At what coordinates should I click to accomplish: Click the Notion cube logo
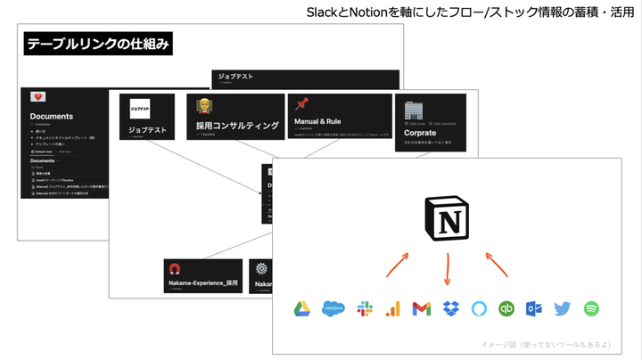point(447,219)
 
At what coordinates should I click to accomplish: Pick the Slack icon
point(364,309)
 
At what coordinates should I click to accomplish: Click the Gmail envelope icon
point(422,309)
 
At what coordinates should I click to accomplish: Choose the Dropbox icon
point(450,309)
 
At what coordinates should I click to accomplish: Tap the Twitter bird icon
point(561,309)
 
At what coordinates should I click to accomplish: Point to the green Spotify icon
point(590,309)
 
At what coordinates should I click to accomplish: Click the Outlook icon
point(533,309)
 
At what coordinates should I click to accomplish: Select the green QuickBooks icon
point(506,309)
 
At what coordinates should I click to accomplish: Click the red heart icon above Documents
point(38,96)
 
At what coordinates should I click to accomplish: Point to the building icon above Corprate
point(413,110)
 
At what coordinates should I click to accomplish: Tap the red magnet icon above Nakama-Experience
point(175,269)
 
